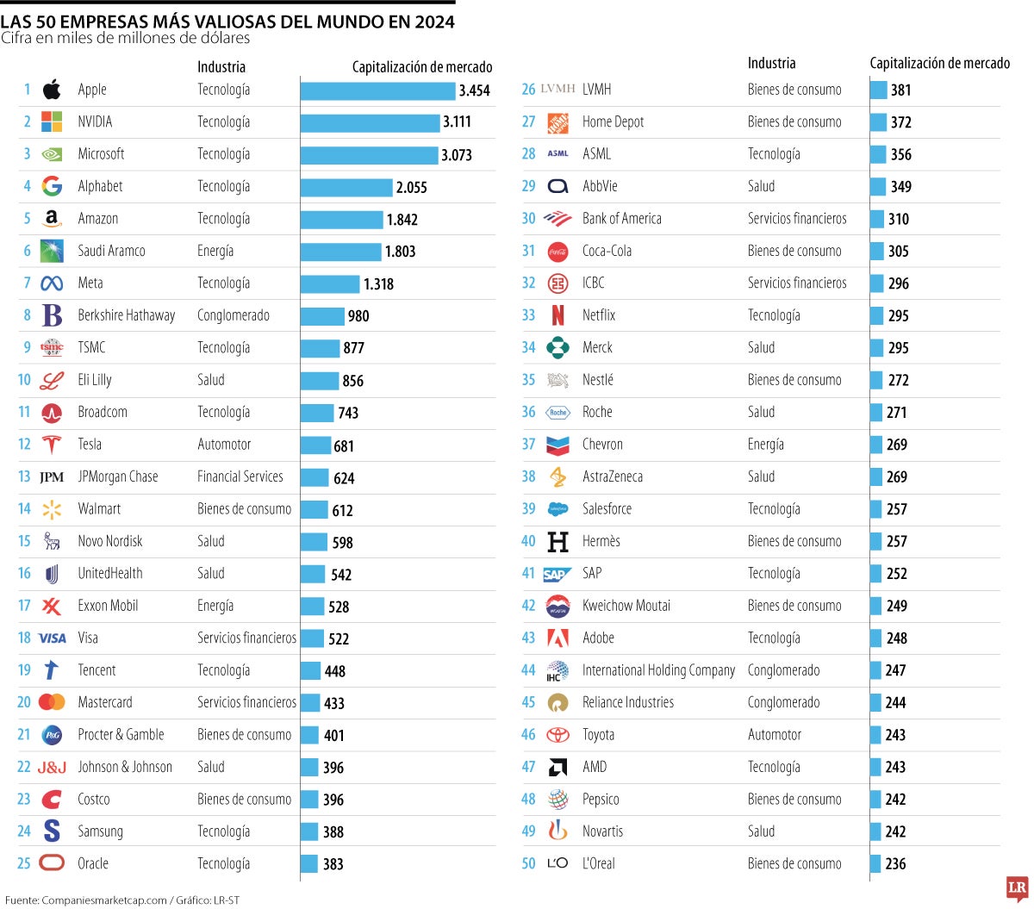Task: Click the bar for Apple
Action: coord(377,90)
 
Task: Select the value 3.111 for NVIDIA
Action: coord(457,122)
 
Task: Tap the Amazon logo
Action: coord(52,219)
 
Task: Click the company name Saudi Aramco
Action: coord(111,251)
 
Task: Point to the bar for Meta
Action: coord(330,283)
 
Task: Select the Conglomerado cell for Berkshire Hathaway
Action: coord(233,315)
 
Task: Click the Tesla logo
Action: coord(52,445)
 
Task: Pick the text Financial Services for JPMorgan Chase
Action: coord(240,476)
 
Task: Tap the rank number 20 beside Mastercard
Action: coord(24,702)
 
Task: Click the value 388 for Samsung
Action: coord(333,832)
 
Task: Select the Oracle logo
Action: coord(52,863)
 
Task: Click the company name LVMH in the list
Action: coord(596,90)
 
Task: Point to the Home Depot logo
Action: coord(557,122)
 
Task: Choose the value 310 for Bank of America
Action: coord(898,220)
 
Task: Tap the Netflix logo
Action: coord(557,315)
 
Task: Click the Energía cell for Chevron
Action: coord(765,445)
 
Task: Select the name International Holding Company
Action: coord(658,670)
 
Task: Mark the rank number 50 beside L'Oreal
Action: coord(528,863)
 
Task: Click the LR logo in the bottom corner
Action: coord(1017,888)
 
